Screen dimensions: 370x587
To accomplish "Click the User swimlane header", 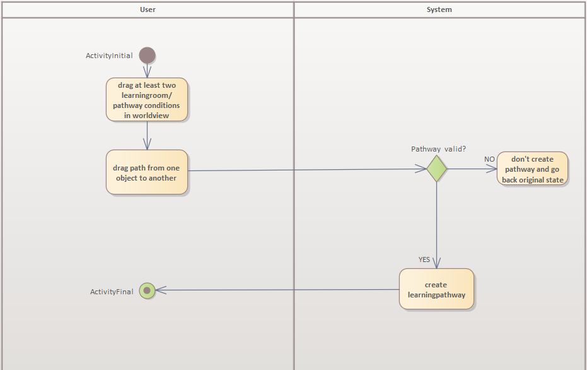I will point(147,9).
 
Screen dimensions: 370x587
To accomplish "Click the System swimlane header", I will point(439,9).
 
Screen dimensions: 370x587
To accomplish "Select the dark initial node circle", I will point(147,55).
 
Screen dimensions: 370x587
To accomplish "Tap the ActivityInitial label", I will point(109,56).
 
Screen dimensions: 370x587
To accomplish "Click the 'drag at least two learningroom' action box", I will point(146,99).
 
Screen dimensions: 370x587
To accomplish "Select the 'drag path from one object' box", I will point(146,172).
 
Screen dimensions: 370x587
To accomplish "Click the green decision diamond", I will point(436,169).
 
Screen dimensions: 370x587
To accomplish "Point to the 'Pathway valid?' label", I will point(438,149).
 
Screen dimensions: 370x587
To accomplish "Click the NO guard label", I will point(489,159).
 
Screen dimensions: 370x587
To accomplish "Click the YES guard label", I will point(424,260).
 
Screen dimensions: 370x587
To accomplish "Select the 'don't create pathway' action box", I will point(532,169).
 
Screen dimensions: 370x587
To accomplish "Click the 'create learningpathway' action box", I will point(436,289).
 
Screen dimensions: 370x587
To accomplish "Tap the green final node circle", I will point(147,290).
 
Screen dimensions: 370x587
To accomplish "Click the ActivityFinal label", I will point(112,292).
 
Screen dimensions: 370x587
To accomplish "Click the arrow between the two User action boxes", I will point(146,135).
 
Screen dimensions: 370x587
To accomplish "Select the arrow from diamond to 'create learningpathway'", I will point(436,221).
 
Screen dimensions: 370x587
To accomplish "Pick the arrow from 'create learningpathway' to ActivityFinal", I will point(277,290).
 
